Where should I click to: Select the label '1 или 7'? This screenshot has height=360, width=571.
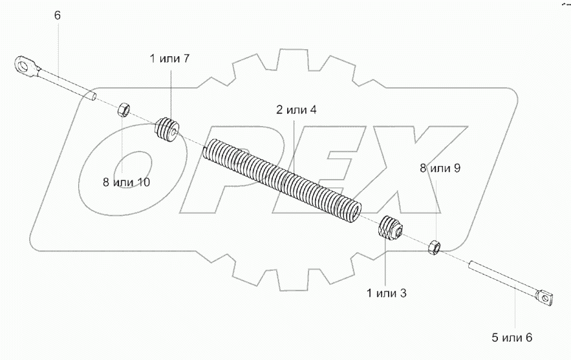pos(169,59)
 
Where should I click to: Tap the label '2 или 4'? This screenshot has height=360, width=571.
pos(297,109)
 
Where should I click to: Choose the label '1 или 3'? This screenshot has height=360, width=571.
pos(386,294)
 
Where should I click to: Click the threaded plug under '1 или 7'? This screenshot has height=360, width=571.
pos(168,128)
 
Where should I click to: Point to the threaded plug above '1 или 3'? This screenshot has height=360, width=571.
pos(390,228)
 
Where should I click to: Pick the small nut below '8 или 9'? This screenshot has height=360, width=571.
pos(434,246)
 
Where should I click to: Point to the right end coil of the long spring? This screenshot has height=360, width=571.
pos(354,211)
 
